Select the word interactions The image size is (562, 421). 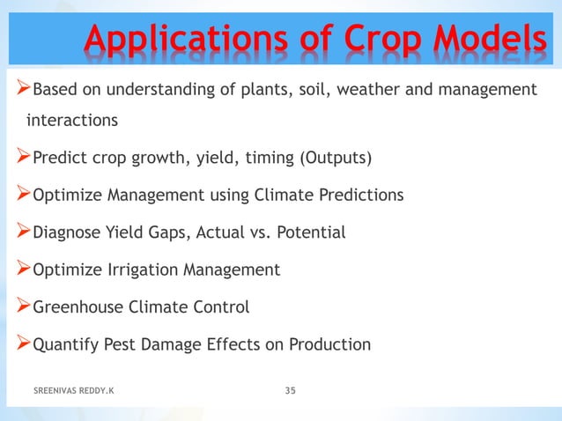point(72,119)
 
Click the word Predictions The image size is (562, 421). point(362,195)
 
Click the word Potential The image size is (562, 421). point(311,233)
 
